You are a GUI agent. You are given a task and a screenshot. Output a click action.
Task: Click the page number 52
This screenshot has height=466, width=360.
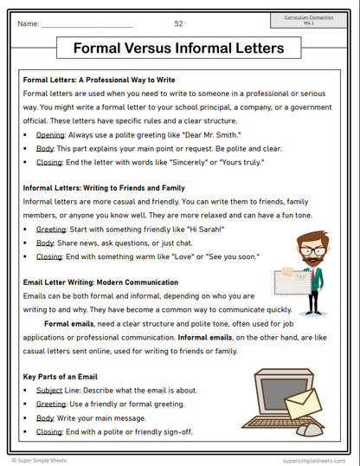pos(178,23)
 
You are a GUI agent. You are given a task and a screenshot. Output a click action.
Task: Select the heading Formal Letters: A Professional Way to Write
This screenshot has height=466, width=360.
pos(100,79)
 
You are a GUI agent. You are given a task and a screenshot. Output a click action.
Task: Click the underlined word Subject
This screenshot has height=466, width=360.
pos(50,390)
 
